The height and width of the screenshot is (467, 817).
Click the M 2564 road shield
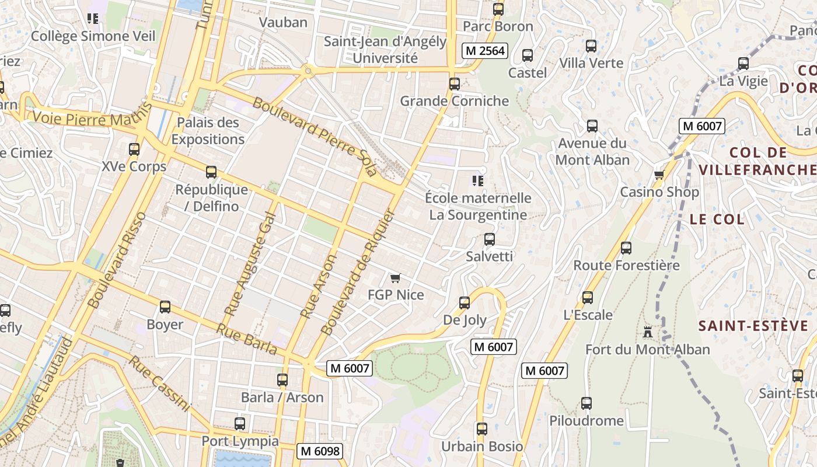(484, 51)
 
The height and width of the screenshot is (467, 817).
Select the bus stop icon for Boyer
(165, 307)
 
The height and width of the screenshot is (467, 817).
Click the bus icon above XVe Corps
(134, 149)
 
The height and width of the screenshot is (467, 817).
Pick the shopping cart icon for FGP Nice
(396, 278)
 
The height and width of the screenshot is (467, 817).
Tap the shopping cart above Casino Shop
(659, 175)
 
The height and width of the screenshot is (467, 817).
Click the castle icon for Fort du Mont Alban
(648, 332)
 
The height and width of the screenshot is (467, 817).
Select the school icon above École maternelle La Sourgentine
(478, 181)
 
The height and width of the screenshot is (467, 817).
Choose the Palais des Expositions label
(208, 131)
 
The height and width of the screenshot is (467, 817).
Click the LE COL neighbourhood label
(717, 219)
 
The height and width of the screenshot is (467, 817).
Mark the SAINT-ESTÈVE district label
(753, 326)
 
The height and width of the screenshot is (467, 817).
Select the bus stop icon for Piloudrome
(586, 403)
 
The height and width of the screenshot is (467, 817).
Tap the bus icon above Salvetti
(490, 239)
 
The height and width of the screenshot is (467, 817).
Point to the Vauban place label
(283, 22)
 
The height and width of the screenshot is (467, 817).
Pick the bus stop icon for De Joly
(465, 303)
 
